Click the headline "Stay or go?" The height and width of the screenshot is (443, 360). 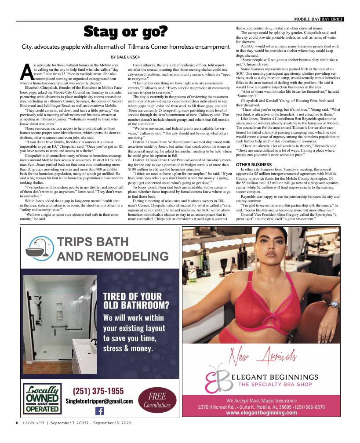pyautogui.click(x=126, y=32)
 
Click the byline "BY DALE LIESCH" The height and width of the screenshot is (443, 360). pyautogui.click(x=126, y=57)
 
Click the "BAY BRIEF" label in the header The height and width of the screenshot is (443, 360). pyautogui.click(x=332, y=19)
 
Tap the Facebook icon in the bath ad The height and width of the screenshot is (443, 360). pyautogui.click(x=99, y=411)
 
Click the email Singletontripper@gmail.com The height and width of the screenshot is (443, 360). pyautogui.click(x=99, y=401)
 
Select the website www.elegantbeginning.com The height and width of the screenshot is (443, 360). pyautogui.click(x=263, y=413)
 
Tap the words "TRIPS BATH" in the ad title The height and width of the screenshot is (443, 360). pyautogui.click(x=93, y=242)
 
